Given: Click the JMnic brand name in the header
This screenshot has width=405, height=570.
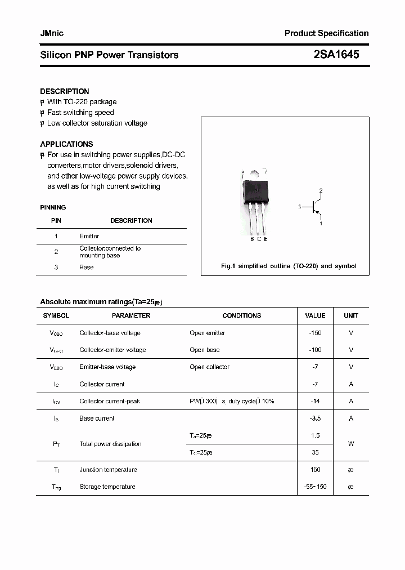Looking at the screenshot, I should (52, 33).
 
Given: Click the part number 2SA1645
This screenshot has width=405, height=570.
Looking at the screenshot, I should (336, 55).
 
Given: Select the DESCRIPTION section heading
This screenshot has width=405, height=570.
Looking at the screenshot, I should (64, 91).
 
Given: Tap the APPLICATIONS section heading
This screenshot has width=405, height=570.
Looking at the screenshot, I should (66, 144).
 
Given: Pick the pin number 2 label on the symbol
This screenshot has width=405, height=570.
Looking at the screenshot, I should (321, 190).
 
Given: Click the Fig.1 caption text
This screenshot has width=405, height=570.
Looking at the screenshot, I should (289, 266).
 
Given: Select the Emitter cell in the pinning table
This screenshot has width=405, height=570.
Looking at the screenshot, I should (89, 236).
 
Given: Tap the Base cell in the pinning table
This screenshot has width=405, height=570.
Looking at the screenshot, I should (87, 267).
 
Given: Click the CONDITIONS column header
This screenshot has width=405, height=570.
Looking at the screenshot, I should (241, 316).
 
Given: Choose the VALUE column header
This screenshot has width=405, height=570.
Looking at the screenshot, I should (315, 316).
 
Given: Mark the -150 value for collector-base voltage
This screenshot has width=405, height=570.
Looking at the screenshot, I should (315, 333).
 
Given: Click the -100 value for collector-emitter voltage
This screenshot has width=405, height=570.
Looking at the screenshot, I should (315, 350).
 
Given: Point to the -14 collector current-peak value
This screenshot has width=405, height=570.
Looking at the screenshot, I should (315, 401).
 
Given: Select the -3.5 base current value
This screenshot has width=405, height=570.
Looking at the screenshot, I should (315, 418).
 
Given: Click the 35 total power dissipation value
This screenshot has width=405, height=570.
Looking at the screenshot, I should (315, 452).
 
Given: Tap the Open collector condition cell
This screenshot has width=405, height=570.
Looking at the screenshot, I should (209, 367).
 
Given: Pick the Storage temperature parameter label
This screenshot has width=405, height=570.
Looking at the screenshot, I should (107, 487).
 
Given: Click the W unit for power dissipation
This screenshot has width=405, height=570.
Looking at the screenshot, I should (351, 444).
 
